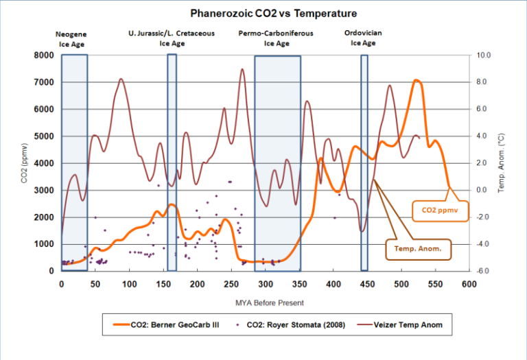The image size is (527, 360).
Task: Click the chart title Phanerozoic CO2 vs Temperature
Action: click(264, 13)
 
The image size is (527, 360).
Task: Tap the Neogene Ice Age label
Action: click(71, 38)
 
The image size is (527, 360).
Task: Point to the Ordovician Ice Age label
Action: click(364, 38)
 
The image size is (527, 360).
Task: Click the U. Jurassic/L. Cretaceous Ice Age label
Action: click(172, 38)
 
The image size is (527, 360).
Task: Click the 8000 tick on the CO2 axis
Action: click(44, 56)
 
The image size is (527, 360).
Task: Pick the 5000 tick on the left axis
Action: click(44, 136)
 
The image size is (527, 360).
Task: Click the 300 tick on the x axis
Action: click(266, 284)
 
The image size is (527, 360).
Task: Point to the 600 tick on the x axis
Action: click(469, 284)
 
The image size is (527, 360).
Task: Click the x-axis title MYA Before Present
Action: click(266, 302)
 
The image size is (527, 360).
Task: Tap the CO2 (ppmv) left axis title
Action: click(25, 163)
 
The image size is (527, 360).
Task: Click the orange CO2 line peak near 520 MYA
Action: click(416, 81)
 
